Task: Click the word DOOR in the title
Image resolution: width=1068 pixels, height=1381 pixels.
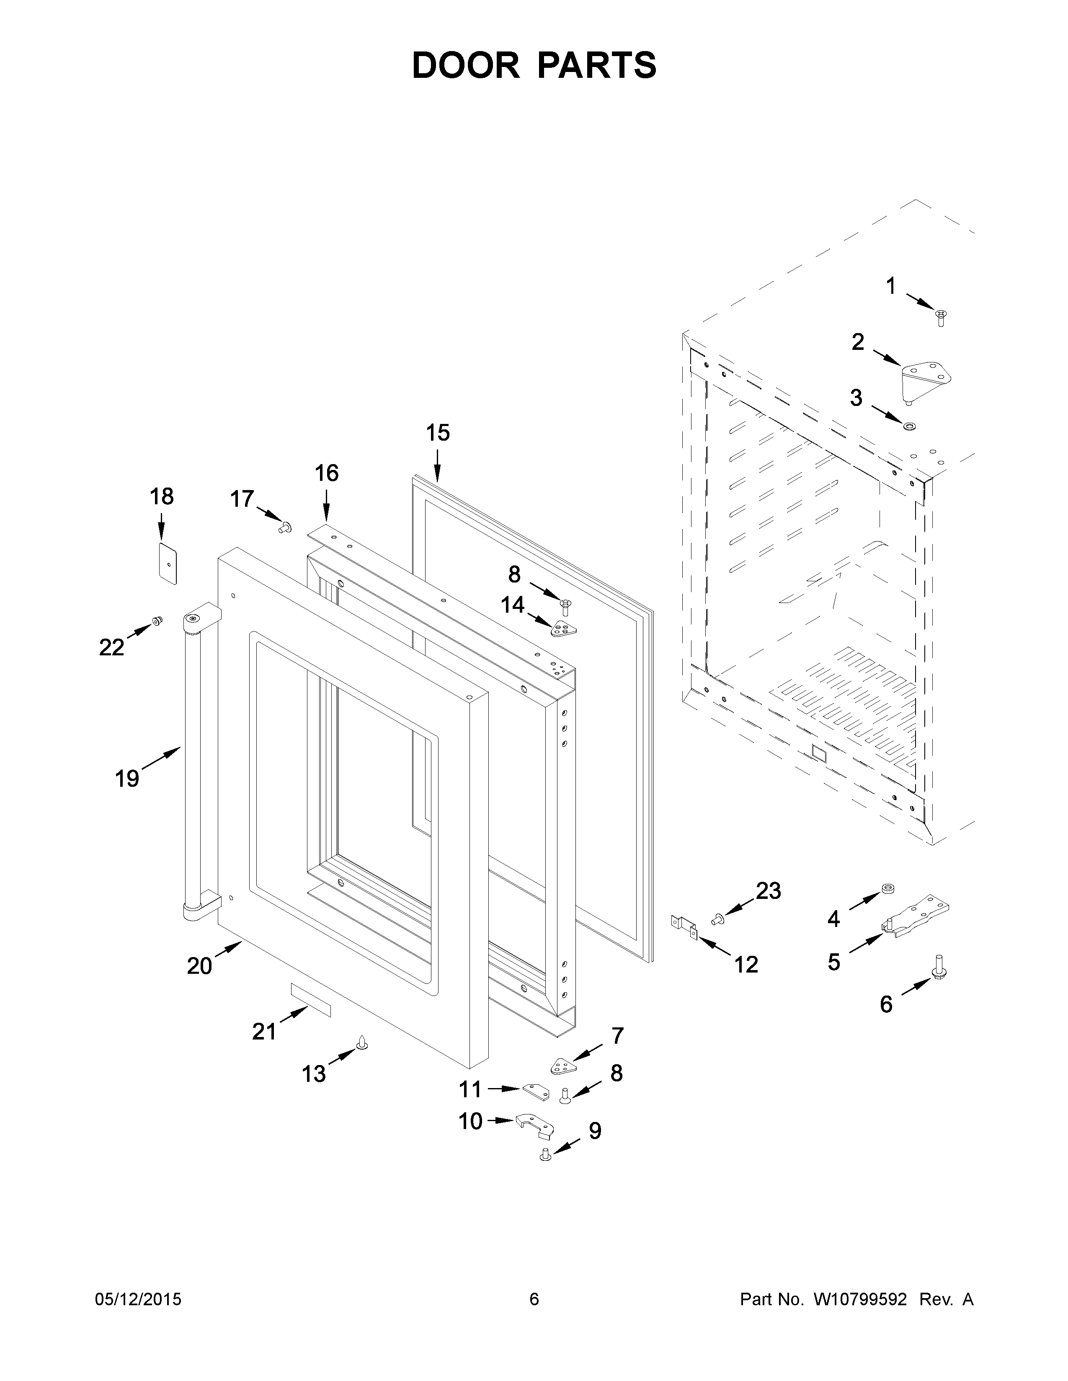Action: [465, 65]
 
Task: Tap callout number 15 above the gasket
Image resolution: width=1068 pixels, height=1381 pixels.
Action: [437, 433]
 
